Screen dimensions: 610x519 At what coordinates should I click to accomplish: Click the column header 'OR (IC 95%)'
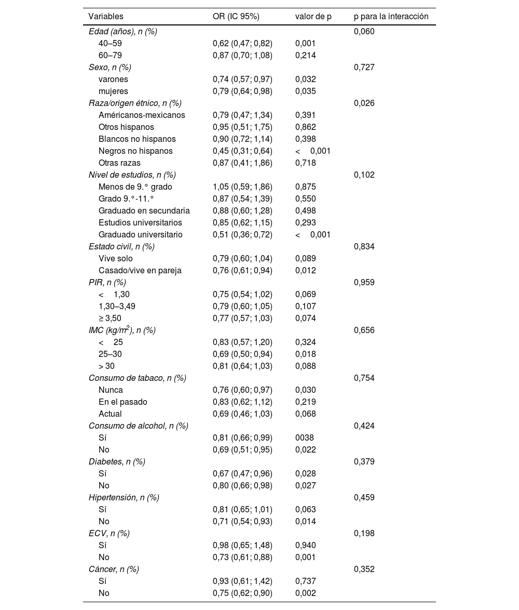click(x=236, y=17)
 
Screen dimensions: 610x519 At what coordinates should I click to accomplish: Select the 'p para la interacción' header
click(x=391, y=17)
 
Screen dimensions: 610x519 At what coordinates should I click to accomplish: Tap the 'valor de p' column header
click(x=313, y=17)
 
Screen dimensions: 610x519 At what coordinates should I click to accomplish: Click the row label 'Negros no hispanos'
click(x=135, y=151)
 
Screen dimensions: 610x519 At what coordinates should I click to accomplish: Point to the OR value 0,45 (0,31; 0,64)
click(x=242, y=151)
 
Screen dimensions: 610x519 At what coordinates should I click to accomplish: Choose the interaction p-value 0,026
click(x=364, y=103)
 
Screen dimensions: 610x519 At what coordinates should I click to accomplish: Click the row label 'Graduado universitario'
click(x=140, y=235)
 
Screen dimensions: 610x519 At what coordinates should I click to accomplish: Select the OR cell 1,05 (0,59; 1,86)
click(x=242, y=187)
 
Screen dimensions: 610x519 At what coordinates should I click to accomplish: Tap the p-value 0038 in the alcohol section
click(x=304, y=438)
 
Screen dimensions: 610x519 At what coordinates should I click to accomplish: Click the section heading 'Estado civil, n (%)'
click(x=121, y=247)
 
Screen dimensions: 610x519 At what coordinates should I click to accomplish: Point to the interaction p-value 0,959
click(x=364, y=283)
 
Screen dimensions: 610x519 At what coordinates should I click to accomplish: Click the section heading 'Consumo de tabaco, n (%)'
click(x=137, y=378)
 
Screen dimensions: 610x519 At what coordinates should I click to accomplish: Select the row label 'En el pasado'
click(x=123, y=402)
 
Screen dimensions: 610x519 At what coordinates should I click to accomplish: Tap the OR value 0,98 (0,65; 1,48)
click(x=242, y=546)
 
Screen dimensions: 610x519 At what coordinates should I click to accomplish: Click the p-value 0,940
click(x=305, y=546)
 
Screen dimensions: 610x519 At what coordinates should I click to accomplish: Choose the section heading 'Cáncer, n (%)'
click(x=114, y=569)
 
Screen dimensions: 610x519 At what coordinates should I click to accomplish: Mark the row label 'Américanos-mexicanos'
click(x=142, y=115)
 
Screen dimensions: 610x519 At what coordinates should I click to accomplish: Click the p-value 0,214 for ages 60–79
click(x=305, y=56)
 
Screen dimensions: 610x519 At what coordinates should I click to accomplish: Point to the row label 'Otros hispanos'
click(x=126, y=127)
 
